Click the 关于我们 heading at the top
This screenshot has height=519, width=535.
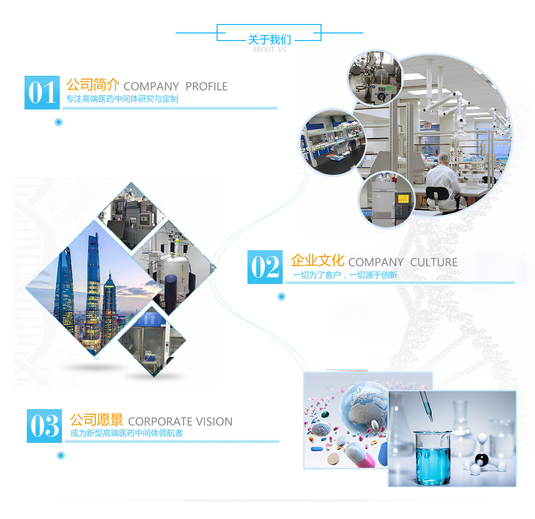(269, 40)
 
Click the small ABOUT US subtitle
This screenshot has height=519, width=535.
(269, 49)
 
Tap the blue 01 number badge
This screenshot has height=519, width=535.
(42, 93)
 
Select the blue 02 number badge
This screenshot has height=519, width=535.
(265, 267)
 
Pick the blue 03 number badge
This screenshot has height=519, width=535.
(44, 426)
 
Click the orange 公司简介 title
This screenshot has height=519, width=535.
(93, 85)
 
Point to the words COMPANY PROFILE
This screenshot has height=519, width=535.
(175, 86)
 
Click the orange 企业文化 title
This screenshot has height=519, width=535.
(317, 260)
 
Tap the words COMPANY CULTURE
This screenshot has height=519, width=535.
(403, 262)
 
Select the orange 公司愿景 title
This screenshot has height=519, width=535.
(96, 420)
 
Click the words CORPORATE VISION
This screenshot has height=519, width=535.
(180, 422)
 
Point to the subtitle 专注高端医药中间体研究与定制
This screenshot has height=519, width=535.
(122, 99)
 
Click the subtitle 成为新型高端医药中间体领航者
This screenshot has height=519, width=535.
(126, 433)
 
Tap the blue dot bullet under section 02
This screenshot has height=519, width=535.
(281, 296)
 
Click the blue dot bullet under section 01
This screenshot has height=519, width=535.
(58, 122)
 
